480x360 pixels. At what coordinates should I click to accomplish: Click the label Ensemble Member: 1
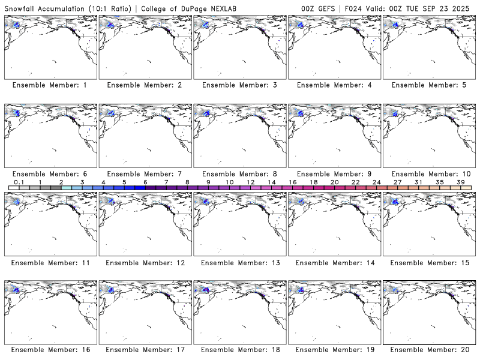pyautogui.click(x=49, y=85)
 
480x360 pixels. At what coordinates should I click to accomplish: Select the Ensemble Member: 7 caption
pyautogui.click(x=144, y=174)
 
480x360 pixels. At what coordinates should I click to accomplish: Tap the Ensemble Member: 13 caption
pyautogui.click(x=239, y=263)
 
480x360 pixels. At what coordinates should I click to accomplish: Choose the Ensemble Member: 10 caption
pyautogui.click(x=430, y=174)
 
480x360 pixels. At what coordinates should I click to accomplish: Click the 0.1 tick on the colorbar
pyautogui.click(x=19, y=182)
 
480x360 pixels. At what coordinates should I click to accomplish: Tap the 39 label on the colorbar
pyautogui.click(x=461, y=182)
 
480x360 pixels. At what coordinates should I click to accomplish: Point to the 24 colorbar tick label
pyautogui.click(x=376, y=182)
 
